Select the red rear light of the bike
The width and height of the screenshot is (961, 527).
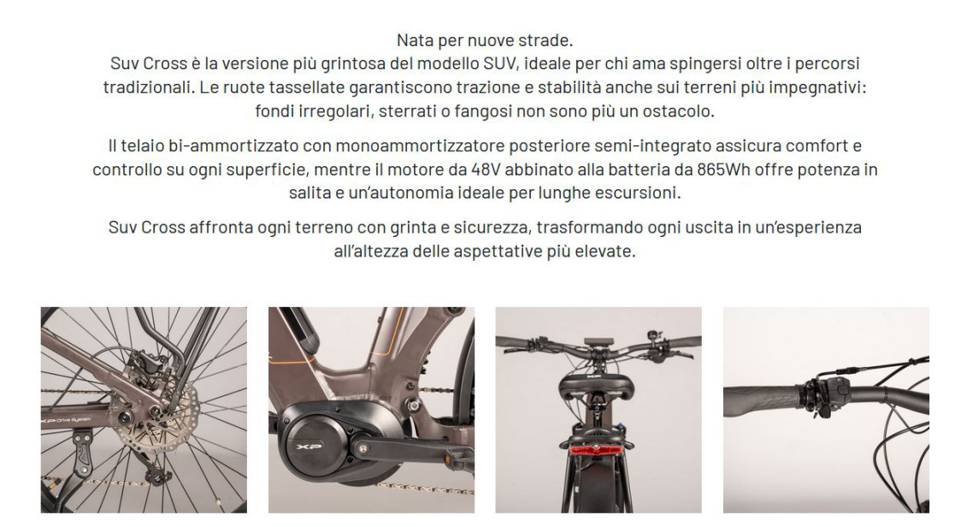(598, 450)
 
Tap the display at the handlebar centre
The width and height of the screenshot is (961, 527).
(594, 341)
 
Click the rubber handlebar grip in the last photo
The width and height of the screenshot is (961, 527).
(763, 401)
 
